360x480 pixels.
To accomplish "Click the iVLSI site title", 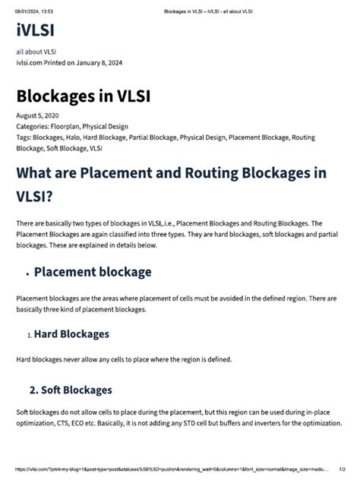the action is coord(34,30).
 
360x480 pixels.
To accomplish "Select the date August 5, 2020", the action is coord(36,115).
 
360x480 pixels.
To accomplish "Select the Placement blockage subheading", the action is coord(93,272).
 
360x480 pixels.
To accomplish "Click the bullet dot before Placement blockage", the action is coord(27,273).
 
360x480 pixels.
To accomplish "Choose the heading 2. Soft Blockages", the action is coord(70,390).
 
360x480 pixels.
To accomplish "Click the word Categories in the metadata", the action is coord(32,126).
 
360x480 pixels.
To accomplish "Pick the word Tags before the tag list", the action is coord(24,137).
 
